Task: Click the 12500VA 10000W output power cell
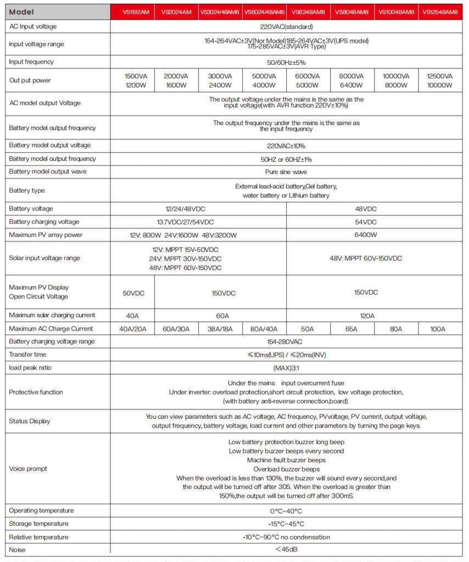[x=440, y=80]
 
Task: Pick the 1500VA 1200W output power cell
[x=132, y=80]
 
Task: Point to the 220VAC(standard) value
[x=286, y=26]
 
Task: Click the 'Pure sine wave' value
[x=286, y=172]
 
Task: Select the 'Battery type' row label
[x=27, y=190]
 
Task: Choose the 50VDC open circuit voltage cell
[x=133, y=293]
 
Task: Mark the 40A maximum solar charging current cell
[x=133, y=316]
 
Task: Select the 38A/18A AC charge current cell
[x=220, y=329]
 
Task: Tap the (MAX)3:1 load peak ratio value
[x=286, y=368]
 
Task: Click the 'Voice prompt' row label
[x=28, y=469]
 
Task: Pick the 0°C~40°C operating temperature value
[x=286, y=511]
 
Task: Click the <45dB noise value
[x=286, y=549]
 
